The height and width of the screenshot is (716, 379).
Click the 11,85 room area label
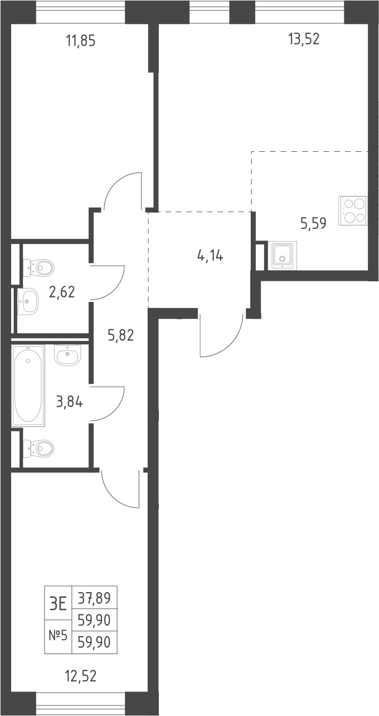[80, 41]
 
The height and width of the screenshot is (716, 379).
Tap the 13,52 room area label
[304, 39]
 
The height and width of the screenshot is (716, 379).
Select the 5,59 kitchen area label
[313, 223]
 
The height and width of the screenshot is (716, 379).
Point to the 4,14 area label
[210, 256]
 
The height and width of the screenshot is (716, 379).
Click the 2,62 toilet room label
[62, 292]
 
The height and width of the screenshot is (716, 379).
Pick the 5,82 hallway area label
[121, 335]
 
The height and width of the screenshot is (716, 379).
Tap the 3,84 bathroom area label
[69, 402]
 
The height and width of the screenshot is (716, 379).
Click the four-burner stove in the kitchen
[353, 210]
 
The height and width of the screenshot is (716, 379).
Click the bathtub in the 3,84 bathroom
[28, 385]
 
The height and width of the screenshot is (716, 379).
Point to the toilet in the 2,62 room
[38, 267]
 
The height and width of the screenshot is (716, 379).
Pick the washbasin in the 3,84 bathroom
[69, 354]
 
